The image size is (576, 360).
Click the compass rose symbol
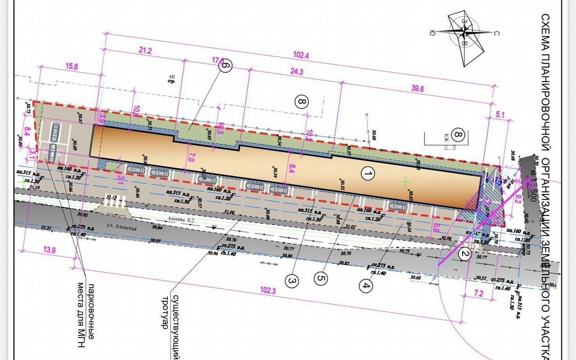[x=465, y=32]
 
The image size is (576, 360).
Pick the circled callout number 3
[x=292, y=282]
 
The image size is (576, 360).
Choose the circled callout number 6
[x=225, y=65]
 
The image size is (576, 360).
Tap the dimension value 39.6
[x=417, y=89]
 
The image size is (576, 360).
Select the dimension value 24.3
[x=297, y=72]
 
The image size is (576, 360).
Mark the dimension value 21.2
[x=145, y=51]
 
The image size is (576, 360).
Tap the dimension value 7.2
[x=478, y=294]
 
